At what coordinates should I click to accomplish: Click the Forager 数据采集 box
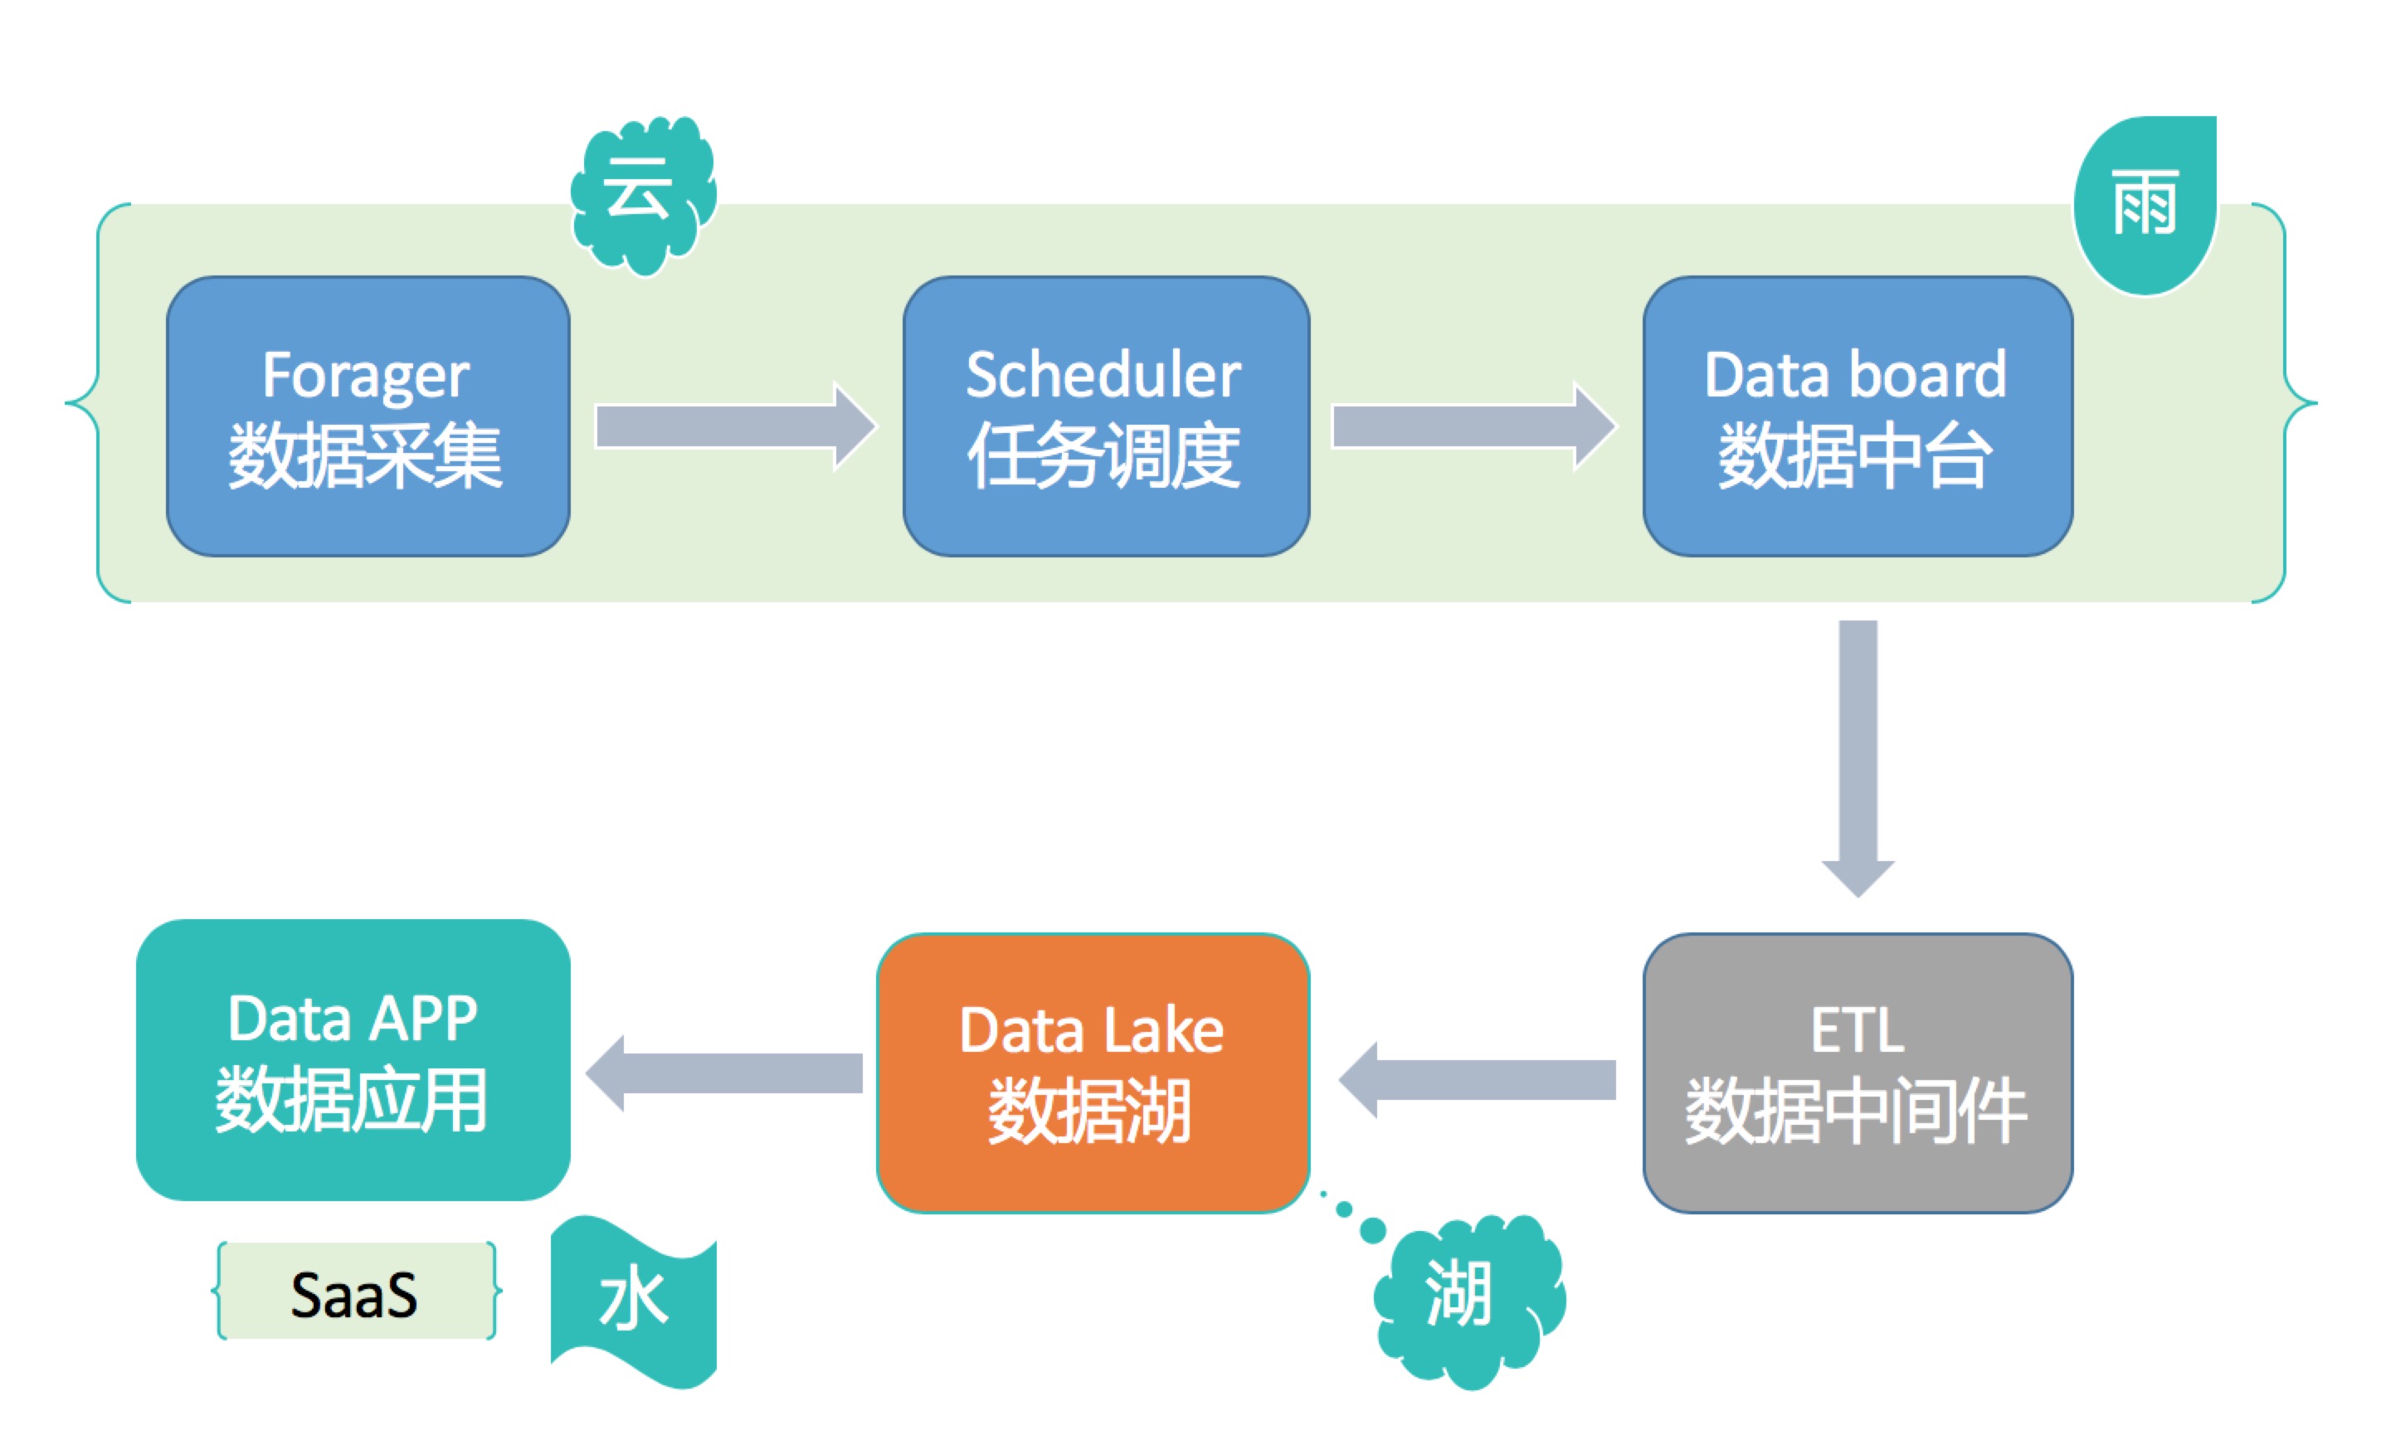tap(368, 416)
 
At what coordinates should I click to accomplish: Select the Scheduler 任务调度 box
tap(1106, 416)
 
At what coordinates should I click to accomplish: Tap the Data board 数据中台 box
tap(1858, 416)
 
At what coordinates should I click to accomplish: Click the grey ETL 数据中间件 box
tap(1858, 1073)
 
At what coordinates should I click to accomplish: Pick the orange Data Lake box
tap(1093, 1073)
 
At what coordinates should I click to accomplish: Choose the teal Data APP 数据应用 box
tap(353, 1060)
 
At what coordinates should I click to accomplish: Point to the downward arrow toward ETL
tap(1858, 755)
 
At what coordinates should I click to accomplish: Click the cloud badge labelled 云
tap(642, 193)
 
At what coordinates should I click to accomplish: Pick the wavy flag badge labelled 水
tap(635, 1302)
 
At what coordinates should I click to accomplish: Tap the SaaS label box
tap(355, 1292)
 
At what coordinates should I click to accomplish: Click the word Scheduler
tap(1104, 376)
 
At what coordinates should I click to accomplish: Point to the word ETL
tap(1858, 1030)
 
